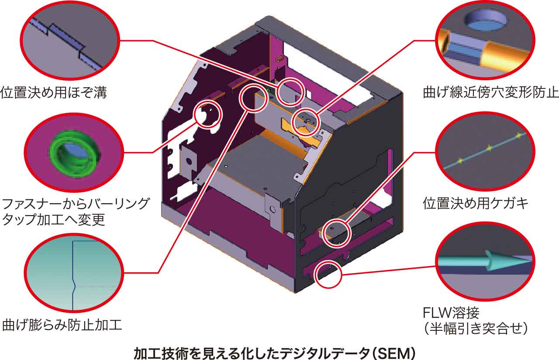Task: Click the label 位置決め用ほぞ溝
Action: tap(53, 93)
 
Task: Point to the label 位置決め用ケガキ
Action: tap(476, 203)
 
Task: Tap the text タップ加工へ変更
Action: tap(54, 219)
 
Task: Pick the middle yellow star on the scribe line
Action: tap(489, 148)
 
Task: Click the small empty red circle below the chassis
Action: tap(328, 274)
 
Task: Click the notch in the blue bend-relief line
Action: tap(74, 286)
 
